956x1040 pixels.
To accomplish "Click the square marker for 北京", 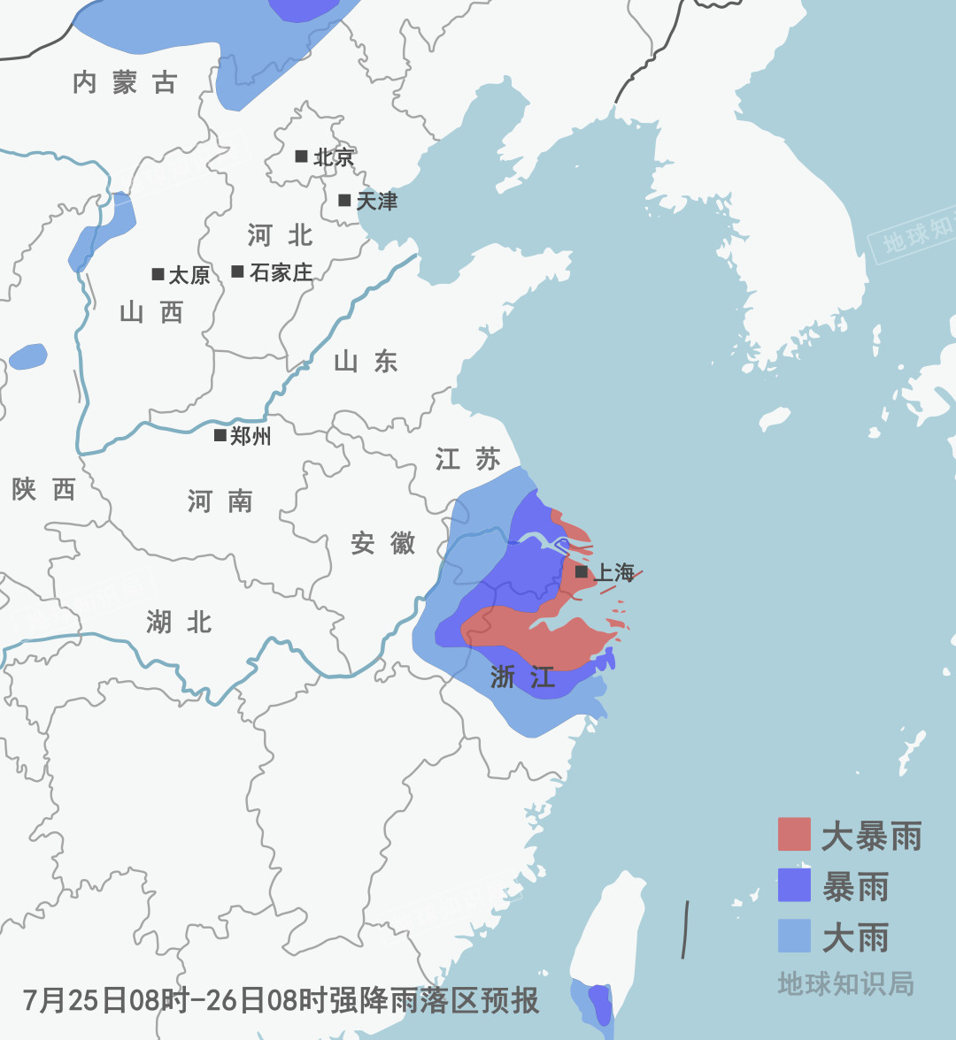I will (x=301, y=157).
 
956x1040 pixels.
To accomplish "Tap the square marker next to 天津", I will (x=344, y=200).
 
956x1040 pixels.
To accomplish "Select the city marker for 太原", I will (x=158, y=274).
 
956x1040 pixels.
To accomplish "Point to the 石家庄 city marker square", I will (x=237, y=271).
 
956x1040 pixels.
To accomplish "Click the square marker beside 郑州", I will (x=220, y=435).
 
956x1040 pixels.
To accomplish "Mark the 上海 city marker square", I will (x=582, y=572).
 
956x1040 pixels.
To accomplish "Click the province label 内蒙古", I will (x=125, y=83).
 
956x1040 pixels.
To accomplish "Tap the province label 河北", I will (x=280, y=235).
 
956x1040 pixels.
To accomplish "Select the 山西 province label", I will (x=150, y=312).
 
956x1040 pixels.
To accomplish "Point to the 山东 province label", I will (x=366, y=361).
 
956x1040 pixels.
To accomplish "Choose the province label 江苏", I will (x=467, y=459).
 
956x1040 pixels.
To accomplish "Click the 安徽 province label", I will (x=382, y=543).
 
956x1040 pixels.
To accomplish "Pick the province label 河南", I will (x=220, y=501).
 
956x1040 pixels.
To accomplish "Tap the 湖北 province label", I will (x=179, y=622).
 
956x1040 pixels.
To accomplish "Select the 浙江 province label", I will (x=522, y=677).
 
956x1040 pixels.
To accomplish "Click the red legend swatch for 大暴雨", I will (x=794, y=834).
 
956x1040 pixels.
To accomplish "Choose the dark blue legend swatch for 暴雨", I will (x=794, y=885).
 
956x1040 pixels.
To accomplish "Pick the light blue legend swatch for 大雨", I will (x=794, y=937).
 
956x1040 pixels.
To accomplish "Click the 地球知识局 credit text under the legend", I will (x=845, y=983).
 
